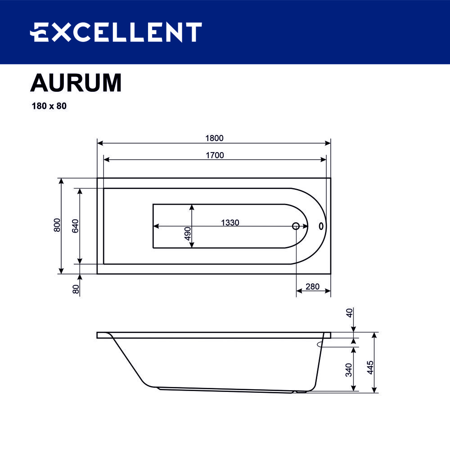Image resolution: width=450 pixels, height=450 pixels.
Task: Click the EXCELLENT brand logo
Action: point(116,32)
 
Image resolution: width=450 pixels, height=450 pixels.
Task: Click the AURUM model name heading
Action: point(76,83)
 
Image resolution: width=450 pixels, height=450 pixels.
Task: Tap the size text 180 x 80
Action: point(49,107)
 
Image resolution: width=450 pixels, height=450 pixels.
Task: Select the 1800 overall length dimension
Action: point(215,138)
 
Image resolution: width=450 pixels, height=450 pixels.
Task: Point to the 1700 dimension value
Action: point(215,155)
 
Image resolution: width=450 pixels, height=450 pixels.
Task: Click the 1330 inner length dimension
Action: point(229,222)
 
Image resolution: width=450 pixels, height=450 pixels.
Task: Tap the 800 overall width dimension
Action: point(57,225)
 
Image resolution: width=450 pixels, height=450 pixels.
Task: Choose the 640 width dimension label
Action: point(75,225)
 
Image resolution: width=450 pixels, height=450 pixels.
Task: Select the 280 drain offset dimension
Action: point(312,287)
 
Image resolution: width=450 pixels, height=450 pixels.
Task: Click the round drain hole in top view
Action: point(296,226)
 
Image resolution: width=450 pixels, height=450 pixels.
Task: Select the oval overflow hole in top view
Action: point(321,226)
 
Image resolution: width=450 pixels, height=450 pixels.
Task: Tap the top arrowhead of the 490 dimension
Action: point(192,207)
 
